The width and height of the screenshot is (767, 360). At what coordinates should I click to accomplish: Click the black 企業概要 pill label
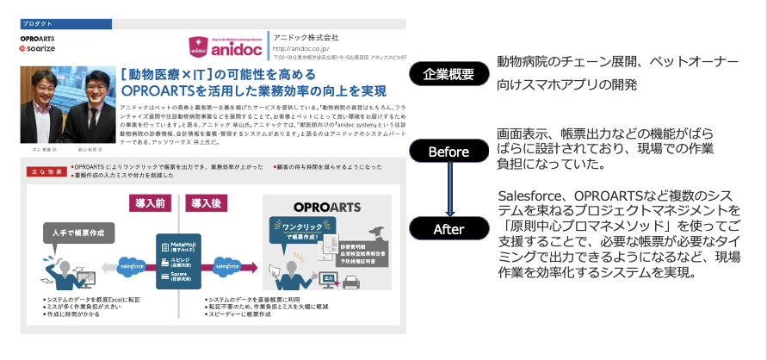[448, 74]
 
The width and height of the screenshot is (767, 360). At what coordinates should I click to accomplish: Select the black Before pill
[448, 152]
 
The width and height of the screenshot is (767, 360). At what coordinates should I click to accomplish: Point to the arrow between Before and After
[448, 190]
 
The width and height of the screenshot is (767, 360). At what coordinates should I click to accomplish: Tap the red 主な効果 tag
[40, 172]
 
